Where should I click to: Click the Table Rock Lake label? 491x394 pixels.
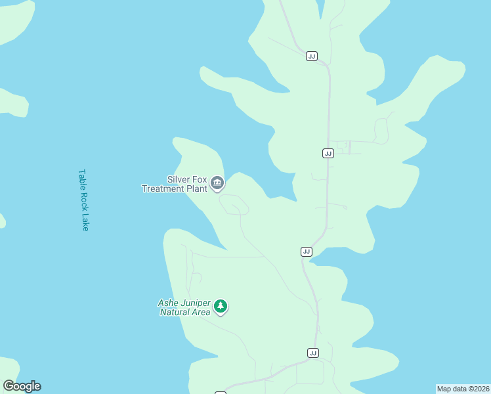[83, 200]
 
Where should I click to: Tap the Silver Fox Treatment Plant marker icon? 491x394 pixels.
[217, 183]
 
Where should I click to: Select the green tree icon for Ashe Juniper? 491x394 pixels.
[221, 307]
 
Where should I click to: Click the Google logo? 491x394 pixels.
[22, 386]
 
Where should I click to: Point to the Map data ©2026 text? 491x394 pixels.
[463, 389]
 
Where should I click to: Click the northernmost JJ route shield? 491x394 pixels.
[312, 56]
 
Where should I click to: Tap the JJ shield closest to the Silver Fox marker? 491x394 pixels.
[307, 252]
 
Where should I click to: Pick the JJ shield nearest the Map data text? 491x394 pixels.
[313, 353]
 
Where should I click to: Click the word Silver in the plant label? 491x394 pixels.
[179, 179]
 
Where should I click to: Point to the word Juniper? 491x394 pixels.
[194, 303]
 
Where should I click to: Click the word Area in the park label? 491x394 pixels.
[202, 312]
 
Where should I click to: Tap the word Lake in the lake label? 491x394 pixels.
[84, 221]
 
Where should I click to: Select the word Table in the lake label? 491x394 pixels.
[83, 179]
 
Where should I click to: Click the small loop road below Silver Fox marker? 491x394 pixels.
[234, 204]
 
